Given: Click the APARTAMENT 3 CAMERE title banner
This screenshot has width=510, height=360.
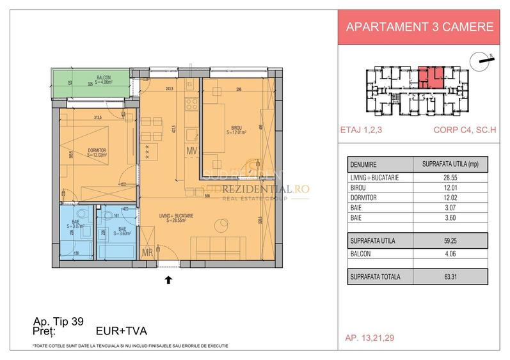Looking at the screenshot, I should (x=419, y=27).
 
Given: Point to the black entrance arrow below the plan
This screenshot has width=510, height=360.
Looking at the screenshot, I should (x=168, y=279).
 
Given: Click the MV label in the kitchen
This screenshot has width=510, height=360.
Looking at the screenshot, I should (x=191, y=151).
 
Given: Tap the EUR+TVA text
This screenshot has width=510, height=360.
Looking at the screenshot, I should (x=121, y=331).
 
